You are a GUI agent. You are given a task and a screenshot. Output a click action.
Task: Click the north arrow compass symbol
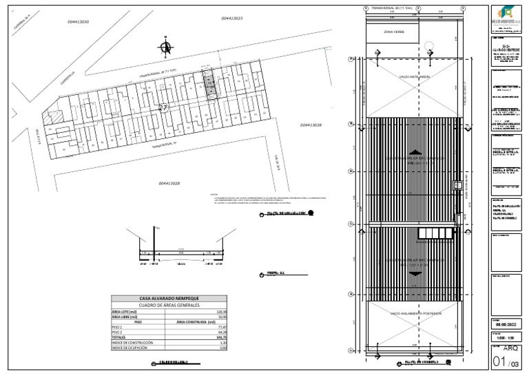(x=165, y=47)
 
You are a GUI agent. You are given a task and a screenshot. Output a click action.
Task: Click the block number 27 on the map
(x=163, y=108)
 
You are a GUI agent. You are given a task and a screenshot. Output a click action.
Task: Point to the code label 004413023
(x=232, y=18)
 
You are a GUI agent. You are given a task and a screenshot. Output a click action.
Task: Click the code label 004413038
(x=311, y=125)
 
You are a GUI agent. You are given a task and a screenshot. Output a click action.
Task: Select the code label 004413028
(x=169, y=183)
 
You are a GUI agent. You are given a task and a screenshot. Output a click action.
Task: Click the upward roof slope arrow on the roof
(x=414, y=152)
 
